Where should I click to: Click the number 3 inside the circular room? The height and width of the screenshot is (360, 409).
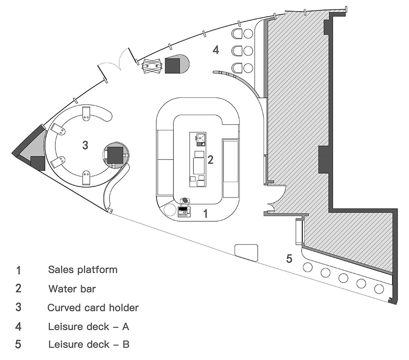(x=85, y=145)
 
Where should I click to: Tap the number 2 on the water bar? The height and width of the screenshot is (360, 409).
(x=210, y=160)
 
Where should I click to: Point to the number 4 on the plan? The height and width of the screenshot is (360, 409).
(x=216, y=50)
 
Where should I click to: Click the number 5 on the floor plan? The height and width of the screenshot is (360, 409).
(x=289, y=258)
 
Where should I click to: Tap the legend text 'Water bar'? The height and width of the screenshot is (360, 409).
(x=72, y=289)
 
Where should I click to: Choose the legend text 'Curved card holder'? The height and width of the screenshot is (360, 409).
(x=93, y=307)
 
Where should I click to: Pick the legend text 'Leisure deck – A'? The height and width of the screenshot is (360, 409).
(x=88, y=326)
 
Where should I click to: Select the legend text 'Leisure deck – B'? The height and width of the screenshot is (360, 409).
(x=89, y=344)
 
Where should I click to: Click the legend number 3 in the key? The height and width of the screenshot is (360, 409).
(x=18, y=307)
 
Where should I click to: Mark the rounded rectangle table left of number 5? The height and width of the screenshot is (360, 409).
(x=246, y=251)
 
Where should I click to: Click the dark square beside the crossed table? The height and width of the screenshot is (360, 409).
(x=173, y=66)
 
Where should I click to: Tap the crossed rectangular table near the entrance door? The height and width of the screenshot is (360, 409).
(x=153, y=66)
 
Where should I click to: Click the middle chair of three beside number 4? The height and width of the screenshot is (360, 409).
(x=237, y=51)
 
